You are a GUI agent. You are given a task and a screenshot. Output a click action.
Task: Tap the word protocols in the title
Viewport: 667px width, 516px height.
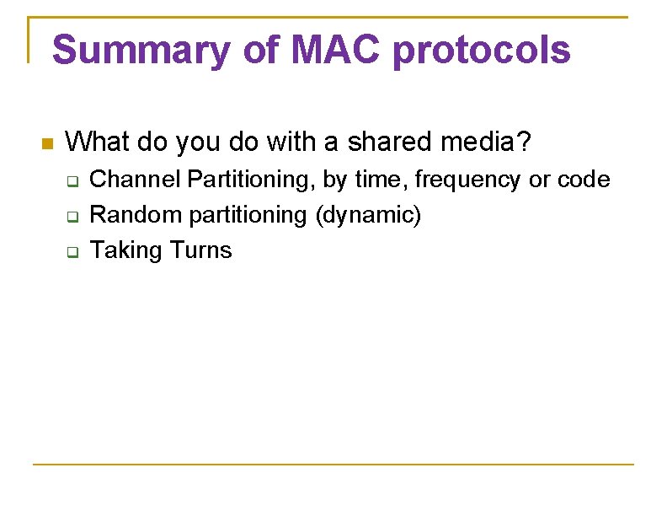tap(482, 51)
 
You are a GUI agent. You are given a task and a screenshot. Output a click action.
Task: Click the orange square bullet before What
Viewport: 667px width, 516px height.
tap(47, 143)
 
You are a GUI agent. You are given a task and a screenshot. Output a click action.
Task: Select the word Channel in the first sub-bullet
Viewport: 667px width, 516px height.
tap(136, 180)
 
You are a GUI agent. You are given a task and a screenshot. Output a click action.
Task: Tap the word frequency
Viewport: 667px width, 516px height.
tap(467, 180)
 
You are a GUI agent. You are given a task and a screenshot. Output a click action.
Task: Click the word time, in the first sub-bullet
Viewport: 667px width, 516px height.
tap(381, 180)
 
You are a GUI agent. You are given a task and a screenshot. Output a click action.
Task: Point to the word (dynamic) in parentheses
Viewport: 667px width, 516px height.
tap(367, 215)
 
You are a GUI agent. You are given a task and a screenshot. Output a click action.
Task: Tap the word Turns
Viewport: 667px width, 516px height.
tap(200, 250)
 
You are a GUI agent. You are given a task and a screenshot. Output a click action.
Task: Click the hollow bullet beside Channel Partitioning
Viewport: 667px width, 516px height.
tap(72, 181)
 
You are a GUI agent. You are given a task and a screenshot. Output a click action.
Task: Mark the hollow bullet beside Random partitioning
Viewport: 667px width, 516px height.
tap(72, 217)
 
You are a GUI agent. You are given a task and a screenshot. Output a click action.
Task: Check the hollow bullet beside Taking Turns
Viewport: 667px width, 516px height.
tap(72, 252)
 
